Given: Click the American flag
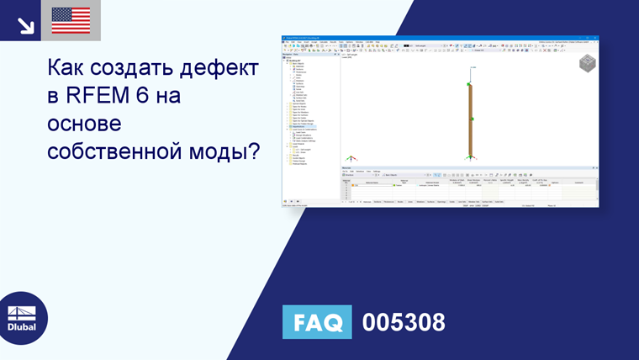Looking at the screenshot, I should (x=71, y=21).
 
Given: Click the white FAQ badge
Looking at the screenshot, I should (x=318, y=322).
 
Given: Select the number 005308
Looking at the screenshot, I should (x=404, y=322).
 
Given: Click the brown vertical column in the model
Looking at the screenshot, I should (x=471, y=135).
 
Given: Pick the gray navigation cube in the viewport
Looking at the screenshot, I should (x=587, y=64).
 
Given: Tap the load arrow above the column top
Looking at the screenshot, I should (x=471, y=73).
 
